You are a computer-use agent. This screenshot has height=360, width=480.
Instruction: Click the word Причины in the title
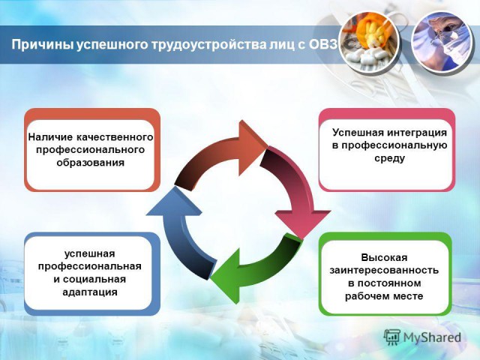pos(42,44)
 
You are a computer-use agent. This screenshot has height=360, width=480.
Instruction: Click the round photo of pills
pos(370,42)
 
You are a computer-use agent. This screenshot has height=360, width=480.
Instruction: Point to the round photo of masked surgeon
pos(442,42)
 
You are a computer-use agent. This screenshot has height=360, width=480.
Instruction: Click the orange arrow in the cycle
pos(221,155)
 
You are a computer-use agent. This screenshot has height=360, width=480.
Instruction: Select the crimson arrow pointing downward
pos(293,193)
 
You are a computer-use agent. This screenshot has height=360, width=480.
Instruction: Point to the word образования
pos(91,162)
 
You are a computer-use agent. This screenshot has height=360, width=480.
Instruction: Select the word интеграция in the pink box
pos(417,133)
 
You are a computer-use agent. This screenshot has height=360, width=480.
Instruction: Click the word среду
pos(389,158)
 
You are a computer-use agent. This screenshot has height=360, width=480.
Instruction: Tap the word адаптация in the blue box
pos(90,292)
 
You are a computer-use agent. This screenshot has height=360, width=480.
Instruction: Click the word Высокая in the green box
pos(384,257)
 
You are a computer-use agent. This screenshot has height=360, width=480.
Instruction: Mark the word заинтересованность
pos(384,271)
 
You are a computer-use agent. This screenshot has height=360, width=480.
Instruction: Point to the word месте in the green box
pos(408,296)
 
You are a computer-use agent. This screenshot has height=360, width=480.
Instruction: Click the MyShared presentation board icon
pos(392,337)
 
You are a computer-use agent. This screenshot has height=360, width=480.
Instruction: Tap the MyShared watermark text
pos(432,337)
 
